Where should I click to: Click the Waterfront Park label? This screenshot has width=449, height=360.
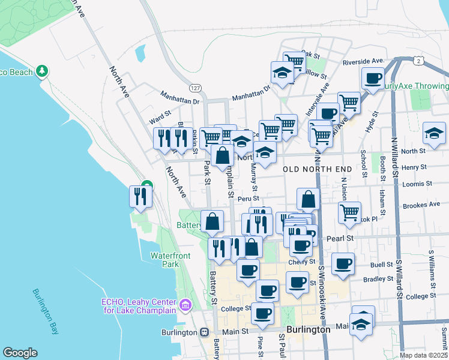170,260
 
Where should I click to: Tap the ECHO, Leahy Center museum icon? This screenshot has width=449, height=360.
185,306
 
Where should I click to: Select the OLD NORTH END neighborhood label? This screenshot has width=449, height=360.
315,169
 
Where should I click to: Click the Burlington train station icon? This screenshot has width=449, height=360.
204,332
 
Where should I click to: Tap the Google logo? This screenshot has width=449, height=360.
20,352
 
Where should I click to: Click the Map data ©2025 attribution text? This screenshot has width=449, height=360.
423,355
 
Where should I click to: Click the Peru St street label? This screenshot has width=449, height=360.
247,199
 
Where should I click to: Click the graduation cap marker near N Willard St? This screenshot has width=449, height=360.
434,133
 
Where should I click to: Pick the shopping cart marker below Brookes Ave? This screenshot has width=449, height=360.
349,212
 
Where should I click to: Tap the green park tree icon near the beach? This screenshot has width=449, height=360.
41,72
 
